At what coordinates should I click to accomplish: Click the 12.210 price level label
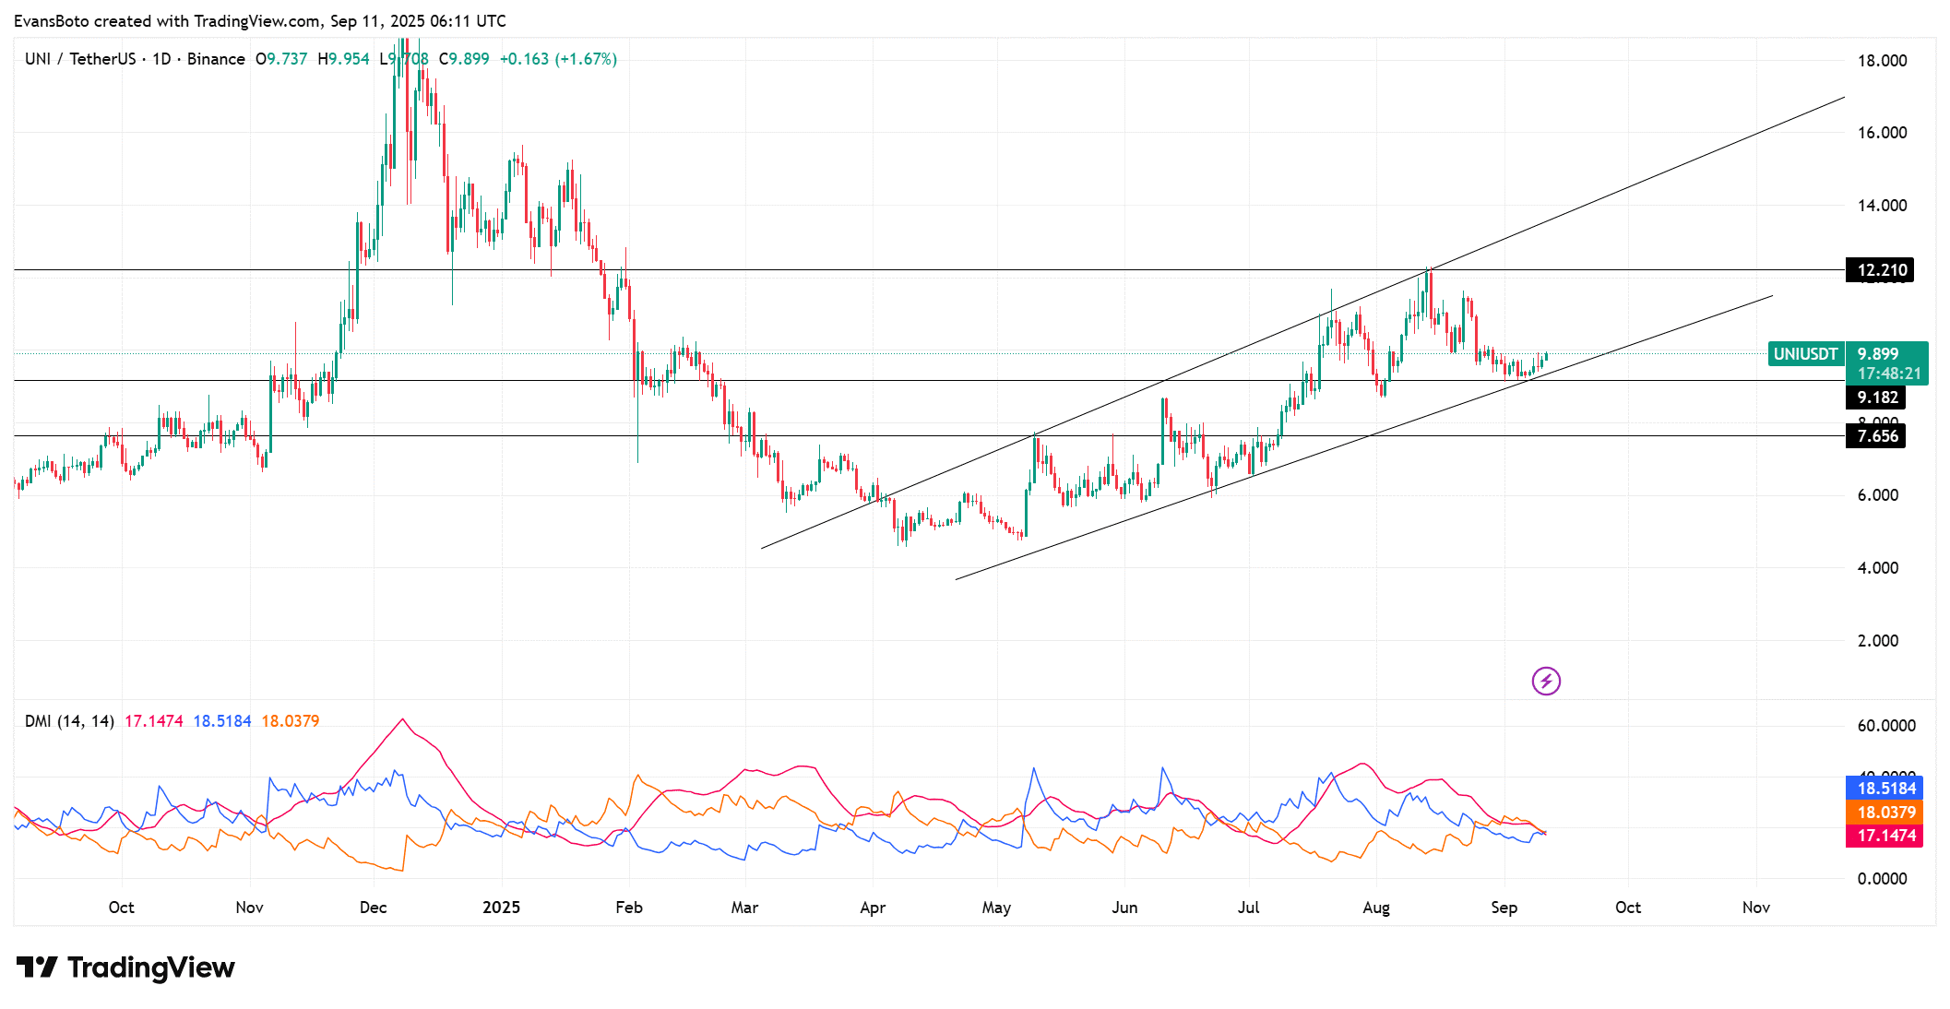click(1881, 270)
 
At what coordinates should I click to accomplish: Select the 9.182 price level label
click(1876, 398)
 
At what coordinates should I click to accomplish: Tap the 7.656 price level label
click(1876, 436)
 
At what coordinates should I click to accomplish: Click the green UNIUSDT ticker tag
click(1805, 354)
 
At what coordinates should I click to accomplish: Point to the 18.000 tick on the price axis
click(1882, 61)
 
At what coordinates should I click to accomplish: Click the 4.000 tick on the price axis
click(1877, 568)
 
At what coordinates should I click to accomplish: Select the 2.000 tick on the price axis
click(1877, 641)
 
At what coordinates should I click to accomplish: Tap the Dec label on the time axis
click(373, 908)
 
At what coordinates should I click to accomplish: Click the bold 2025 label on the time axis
click(501, 908)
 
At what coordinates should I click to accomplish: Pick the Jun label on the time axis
click(1124, 908)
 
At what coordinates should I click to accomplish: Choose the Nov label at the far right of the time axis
click(1755, 908)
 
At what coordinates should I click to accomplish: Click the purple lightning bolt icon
click(1546, 682)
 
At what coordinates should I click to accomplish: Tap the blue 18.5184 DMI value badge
click(1885, 789)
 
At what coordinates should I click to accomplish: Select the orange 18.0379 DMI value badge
click(1885, 813)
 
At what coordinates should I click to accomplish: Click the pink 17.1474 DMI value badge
click(1885, 836)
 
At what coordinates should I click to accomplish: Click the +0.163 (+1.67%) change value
click(558, 59)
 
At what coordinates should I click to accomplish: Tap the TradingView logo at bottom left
click(125, 967)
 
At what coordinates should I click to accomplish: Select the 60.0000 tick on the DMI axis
click(1885, 726)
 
